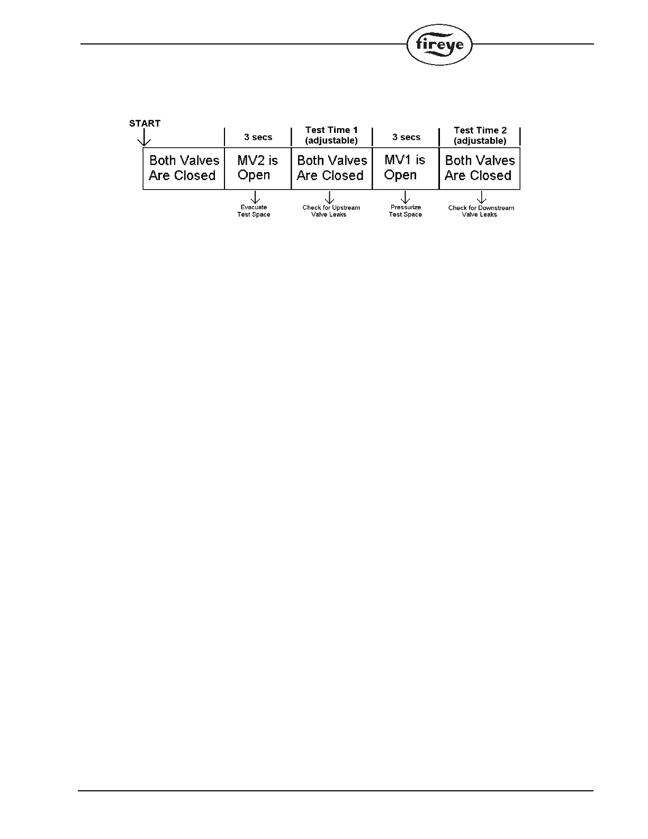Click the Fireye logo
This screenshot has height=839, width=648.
coord(439,45)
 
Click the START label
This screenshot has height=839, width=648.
coord(145,123)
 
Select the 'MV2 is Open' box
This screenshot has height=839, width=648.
coord(258,168)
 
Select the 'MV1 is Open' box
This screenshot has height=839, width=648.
coord(406,168)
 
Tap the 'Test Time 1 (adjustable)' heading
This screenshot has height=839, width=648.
coord(331,135)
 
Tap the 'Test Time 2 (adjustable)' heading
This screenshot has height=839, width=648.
coord(480,136)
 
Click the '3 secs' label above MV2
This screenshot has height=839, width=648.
coord(258,137)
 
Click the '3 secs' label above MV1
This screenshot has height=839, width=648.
coord(406,137)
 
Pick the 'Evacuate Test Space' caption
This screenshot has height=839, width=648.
coord(254,211)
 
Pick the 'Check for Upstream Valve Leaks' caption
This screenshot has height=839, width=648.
coord(331,211)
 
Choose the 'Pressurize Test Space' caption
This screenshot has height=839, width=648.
coord(406,211)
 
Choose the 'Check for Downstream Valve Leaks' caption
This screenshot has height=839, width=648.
coord(481,211)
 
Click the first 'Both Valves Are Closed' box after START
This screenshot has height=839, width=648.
coord(184,168)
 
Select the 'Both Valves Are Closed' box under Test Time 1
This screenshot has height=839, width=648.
coord(331,168)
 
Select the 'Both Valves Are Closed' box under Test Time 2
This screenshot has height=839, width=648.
coord(480,168)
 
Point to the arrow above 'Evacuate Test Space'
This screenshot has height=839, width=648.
coord(255,197)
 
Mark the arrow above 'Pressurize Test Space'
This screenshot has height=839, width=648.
coord(406,197)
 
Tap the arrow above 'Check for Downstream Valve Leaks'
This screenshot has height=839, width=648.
coord(481,197)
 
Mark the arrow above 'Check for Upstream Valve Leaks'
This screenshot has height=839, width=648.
coord(329,197)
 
